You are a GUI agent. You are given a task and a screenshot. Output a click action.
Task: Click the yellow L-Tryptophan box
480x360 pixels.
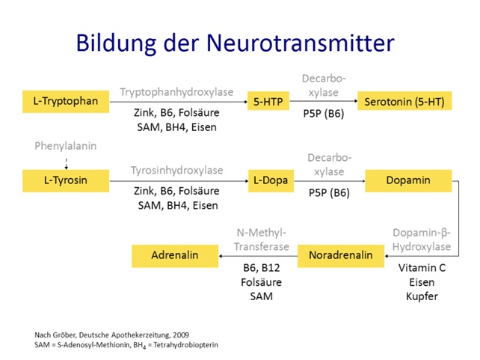[x=66, y=100]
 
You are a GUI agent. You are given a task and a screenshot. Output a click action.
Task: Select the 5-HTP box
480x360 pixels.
[x=268, y=100]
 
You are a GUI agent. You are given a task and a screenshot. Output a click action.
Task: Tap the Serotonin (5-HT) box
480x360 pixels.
[x=404, y=100]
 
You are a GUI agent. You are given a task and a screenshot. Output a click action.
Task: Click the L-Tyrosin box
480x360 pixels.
[x=66, y=180]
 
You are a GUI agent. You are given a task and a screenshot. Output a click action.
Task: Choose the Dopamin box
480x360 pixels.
[x=408, y=180]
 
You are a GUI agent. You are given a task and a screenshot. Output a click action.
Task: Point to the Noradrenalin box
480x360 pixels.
[x=340, y=255]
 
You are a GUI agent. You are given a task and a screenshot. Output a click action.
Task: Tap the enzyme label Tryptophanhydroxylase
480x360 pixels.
[x=176, y=92]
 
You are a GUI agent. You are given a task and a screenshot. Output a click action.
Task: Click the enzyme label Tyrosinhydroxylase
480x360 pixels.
[x=176, y=171]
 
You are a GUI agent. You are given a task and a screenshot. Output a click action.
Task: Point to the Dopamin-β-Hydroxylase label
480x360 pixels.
[x=422, y=239]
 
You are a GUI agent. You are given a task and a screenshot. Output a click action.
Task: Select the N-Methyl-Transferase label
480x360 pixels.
[x=258, y=239]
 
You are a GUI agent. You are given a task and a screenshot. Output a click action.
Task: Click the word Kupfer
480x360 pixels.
[x=422, y=296]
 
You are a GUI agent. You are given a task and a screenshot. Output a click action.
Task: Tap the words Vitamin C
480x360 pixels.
[x=422, y=268]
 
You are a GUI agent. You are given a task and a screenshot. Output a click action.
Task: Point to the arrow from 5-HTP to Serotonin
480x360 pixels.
[x=324, y=101]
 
